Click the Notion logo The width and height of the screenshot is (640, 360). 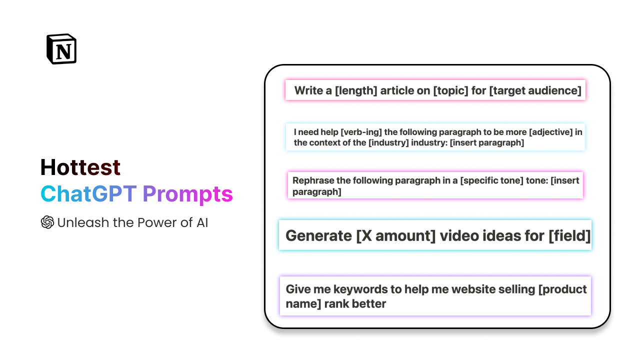[x=61, y=49]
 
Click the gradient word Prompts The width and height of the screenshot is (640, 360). [x=187, y=194]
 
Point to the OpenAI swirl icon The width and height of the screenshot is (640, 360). [x=47, y=222]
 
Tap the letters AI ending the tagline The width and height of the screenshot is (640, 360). [x=201, y=222]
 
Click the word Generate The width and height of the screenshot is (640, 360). [x=319, y=235]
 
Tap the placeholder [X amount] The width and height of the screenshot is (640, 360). [x=395, y=235]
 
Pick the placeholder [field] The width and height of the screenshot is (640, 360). [x=569, y=235]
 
